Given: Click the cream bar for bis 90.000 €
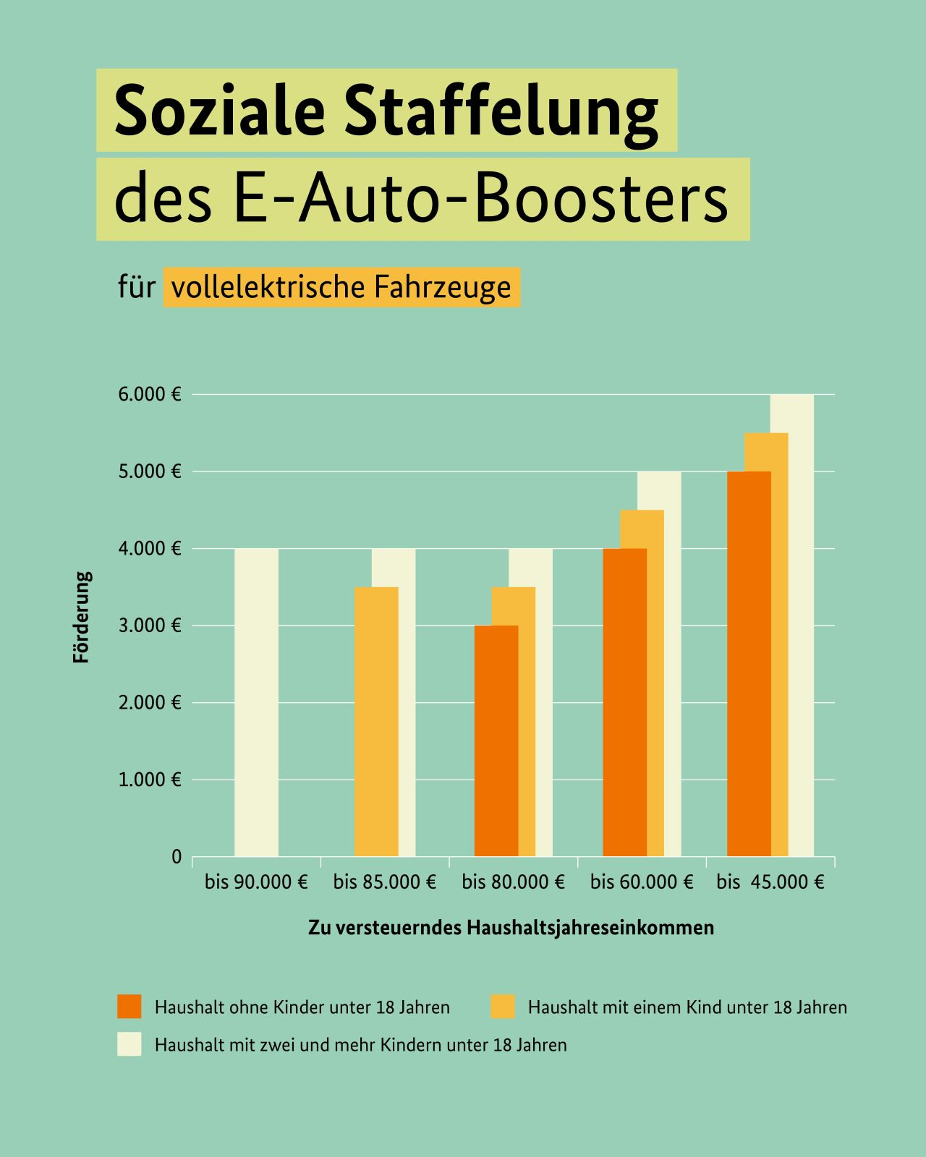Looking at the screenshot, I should pyautogui.click(x=256, y=702).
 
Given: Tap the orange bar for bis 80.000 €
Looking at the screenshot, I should pyautogui.click(x=496, y=740).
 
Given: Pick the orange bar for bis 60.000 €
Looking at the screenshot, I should pyautogui.click(x=624, y=702).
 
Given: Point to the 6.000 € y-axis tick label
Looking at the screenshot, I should pyautogui.click(x=150, y=395).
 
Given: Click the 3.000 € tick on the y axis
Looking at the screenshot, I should pyautogui.click(x=150, y=626).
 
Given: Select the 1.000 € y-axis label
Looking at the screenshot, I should pyautogui.click(x=150, y=780).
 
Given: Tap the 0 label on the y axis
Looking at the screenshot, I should pyautogui.click(x=177, y=857).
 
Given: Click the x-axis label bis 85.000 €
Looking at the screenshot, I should pyautogui.click(x=385, y=882).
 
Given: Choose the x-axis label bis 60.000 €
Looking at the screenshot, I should pyautogui.click(x=642, y=882).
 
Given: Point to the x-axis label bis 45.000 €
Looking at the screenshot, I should pyautogui.click(x=770, y=882).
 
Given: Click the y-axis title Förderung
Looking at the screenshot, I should pyautogui.click(x=82, y=618).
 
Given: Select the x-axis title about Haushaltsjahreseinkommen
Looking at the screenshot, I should pyautogui.click(x=511, y=927).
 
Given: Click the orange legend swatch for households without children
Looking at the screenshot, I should pyautogui.click(x=129, y=1007).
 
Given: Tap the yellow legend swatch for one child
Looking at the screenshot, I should pyautogui.click(x=503, y=1007).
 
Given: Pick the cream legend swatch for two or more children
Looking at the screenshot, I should pyautogui.click(x=129, y=1044).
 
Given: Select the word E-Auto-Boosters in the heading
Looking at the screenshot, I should pyautogui.click(x=481, y=199).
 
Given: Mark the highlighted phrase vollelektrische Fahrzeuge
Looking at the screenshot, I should pyautogui.click(x=341, y=287).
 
